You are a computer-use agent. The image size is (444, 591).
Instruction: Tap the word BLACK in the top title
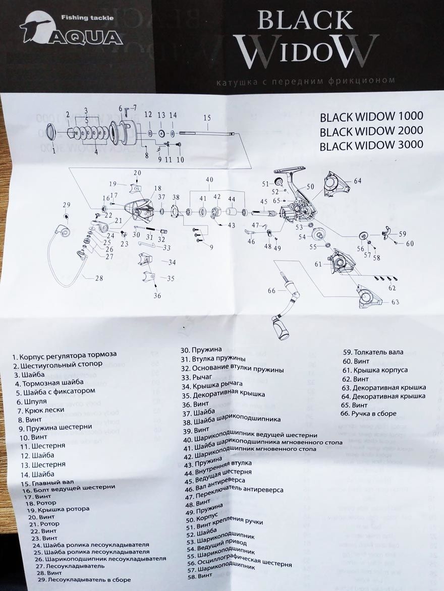305,21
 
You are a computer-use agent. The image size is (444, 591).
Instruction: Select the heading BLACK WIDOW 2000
371,131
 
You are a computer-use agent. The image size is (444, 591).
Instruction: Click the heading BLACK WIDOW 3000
371,145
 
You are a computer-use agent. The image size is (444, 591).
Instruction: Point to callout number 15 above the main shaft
206,117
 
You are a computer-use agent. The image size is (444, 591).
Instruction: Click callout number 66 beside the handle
272,290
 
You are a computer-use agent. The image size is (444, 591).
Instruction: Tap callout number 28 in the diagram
99,277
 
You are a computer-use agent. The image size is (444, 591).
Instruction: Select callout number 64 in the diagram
358,181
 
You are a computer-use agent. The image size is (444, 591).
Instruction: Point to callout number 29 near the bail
66,204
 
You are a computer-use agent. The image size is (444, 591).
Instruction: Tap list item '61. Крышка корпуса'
375,370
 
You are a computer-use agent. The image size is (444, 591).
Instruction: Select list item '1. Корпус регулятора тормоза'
65,355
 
